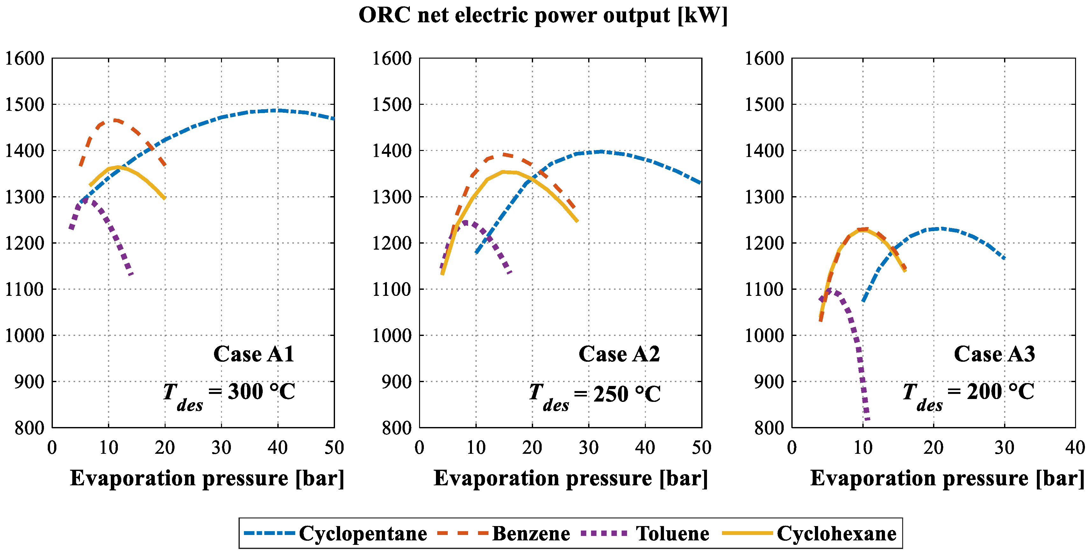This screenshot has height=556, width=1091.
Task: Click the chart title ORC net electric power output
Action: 543,16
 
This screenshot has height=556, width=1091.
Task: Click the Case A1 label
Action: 253,354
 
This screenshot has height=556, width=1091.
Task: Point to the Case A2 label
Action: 619,354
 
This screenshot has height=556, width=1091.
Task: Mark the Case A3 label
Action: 994,354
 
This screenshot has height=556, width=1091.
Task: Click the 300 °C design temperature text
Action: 261,392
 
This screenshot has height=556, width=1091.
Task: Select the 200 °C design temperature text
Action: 1000,392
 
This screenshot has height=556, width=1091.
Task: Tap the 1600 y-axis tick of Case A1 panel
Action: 25,59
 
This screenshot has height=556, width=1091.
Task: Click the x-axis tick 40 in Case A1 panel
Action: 278,448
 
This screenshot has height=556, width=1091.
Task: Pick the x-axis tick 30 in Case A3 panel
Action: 1004,448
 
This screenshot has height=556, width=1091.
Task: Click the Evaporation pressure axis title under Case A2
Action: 570,479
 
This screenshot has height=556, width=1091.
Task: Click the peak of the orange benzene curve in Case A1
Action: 115,121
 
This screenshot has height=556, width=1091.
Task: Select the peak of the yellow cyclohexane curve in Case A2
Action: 504,172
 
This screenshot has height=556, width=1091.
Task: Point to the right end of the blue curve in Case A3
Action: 1004,258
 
